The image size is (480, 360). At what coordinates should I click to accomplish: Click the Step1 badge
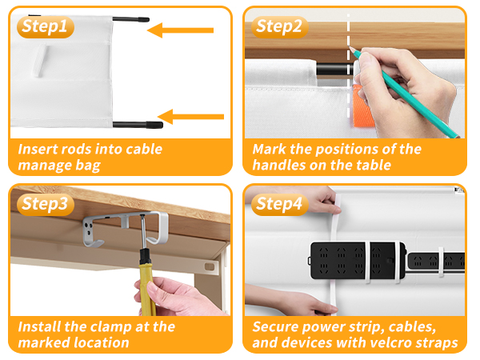(46, 27)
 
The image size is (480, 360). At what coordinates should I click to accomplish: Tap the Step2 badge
(280, 26)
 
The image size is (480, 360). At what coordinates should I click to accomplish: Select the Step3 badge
(46, 204)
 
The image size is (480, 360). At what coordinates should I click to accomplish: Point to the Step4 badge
(280, 204)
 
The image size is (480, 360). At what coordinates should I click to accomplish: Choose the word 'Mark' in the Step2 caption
(269, 150)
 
